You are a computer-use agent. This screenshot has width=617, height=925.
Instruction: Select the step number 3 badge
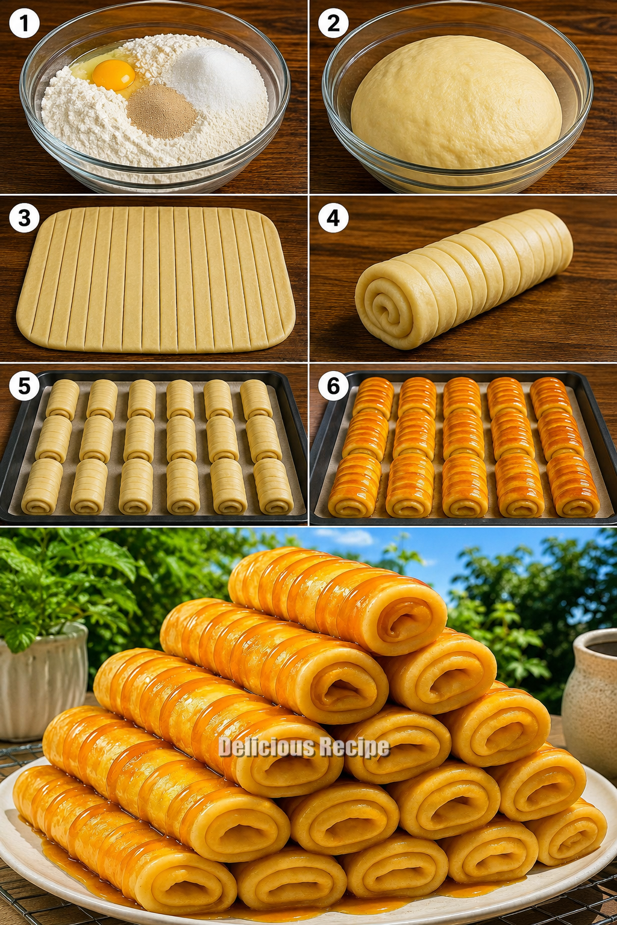pyautogui.click(x=24, y=218)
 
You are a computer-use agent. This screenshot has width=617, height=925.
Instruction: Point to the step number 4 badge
pyautogui.click(x=333, y=218)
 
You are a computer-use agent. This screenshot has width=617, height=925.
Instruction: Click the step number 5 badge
pyautogui.click(x=24, y=387)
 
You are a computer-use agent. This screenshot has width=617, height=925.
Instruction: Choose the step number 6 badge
pyautogui.click(x=333, y=387)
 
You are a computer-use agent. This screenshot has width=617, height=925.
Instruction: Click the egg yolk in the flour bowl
pyautogui.click(x=114, y=74)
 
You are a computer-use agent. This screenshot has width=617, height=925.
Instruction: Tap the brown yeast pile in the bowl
pyautogui.click(x=161, y=111)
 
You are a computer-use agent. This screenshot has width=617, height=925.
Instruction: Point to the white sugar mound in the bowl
pyautogui.click(x=215, y=74)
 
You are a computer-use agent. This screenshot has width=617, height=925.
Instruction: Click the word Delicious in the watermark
pyautogui.click(x=262, y=747)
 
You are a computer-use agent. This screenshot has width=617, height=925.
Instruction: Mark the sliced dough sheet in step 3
pyautogui.click(x=155, y=279)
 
